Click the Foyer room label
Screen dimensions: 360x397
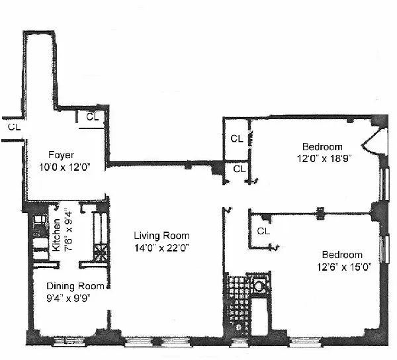point(61,155)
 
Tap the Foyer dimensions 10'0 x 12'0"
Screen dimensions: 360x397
point(64,167)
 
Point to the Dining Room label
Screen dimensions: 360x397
point(75,287)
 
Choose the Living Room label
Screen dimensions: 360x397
point(161,236)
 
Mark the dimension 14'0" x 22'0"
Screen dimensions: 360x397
point(161,247)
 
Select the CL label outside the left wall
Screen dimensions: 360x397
point(13,125)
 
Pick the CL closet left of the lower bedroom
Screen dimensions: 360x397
point(263,231)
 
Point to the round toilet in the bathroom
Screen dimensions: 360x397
point(259,287)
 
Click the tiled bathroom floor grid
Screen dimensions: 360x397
point(236,298)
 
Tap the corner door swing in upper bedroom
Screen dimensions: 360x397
point(376,141)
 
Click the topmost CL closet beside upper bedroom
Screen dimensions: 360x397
point(236,139)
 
